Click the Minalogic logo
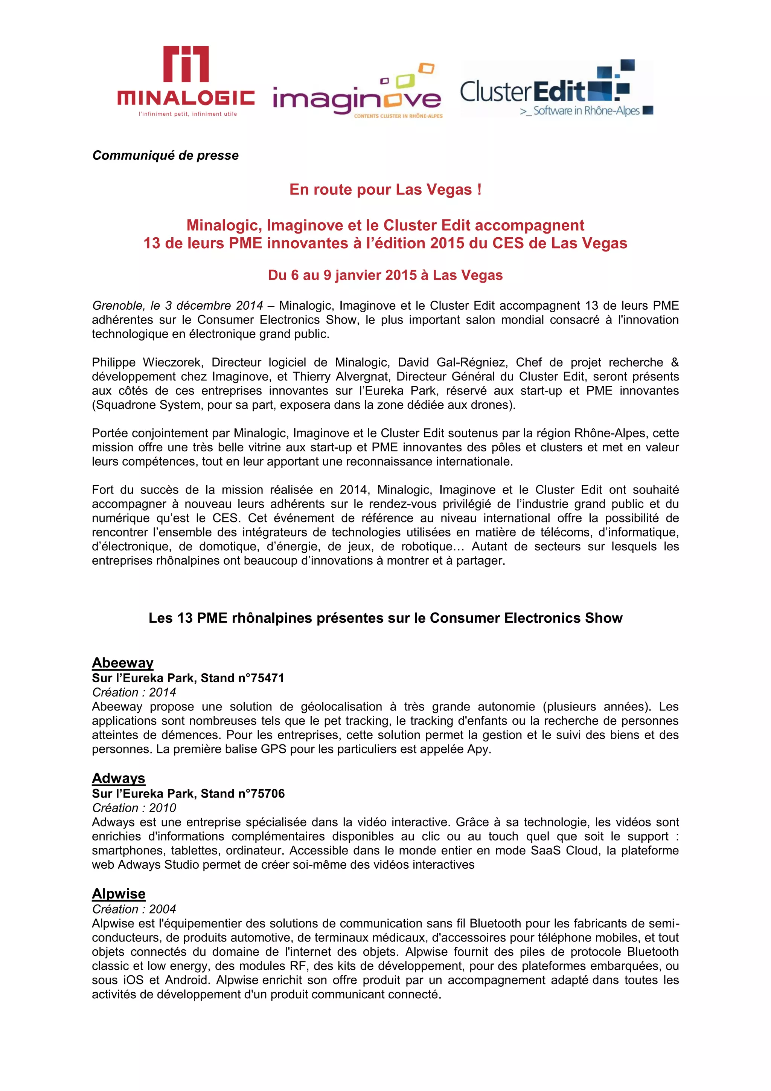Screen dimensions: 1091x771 (x=186, y=81)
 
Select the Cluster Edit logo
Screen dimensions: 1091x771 (x=556, y=89)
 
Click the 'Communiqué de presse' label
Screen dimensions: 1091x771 (x=165, y=155)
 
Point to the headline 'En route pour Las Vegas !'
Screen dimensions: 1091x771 (x=385, y=189)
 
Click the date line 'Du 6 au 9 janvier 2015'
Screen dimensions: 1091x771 (x=385, y=275)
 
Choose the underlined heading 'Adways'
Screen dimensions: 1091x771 (x=118, y=778)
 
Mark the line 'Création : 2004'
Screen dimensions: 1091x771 (x=134, y=909)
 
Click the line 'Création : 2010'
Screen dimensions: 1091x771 (x=134, y=808)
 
